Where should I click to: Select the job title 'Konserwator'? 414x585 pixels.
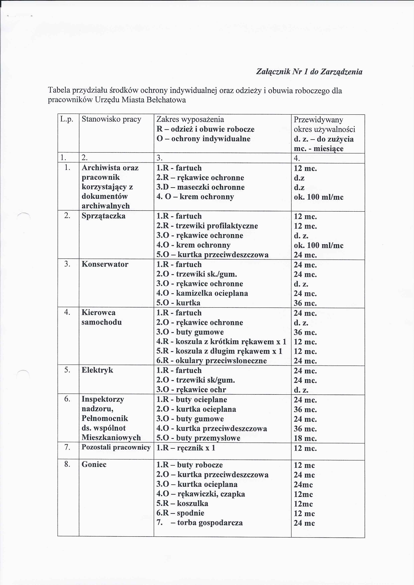click(105, 264)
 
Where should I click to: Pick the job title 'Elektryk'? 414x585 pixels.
click(97, 370)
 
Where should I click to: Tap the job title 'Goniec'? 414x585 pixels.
click(94, 464)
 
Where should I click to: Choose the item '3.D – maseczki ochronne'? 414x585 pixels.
click(200, 187)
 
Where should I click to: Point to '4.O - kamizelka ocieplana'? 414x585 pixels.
click(202, 293)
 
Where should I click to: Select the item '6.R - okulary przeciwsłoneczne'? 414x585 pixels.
click(212, 361)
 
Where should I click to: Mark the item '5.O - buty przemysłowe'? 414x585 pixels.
click(198, 438)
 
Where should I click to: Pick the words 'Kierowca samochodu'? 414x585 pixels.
click(101, 317)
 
